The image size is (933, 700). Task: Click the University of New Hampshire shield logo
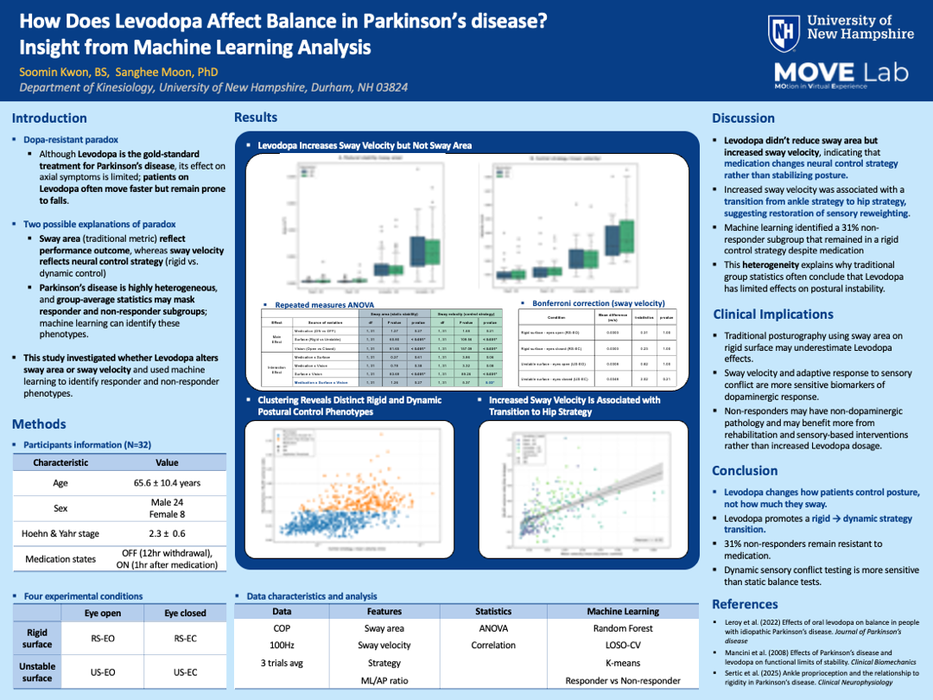pyautogui.click(x=782, y=34)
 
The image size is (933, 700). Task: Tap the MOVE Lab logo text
pyautogui.click(x=841, y=73)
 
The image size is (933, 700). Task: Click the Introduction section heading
pyautogui.click(x=49, y=118)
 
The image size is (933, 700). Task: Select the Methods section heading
pyautogui.click(x=39, y=424)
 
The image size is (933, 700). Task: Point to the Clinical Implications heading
pyautogui.click(x=772, y=315)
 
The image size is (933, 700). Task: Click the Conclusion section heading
pyautogui.click(x=744, y=471)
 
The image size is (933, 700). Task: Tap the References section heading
pyautogui.click(x=746, y=604)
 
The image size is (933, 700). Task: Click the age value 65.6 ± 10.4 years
pyautogui.click(x=167, y=483)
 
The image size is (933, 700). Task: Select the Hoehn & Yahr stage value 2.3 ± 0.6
pyautogui.click(x=167, y=534)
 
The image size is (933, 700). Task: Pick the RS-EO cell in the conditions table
pyautogui.click(x=103, y=639)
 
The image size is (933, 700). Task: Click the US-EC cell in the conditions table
pyautogui.click(x=186, y=671)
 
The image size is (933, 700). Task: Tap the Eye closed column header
pyautogui.click(x=186, y=613)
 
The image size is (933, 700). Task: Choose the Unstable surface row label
pyautogui.click(x=37, y=671)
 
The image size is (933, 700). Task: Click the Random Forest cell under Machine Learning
pyautogui.click(x=622, y=628)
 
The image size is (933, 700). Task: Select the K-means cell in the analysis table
pyautogui.click(x=622, y=663)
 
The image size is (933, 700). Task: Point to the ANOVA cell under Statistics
pyautogui.click(x=493, y=628)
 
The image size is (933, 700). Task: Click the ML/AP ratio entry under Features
pyautogui.click(x=384, y=680)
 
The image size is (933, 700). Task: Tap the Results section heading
pyautogui.click(x=256, y=118)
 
